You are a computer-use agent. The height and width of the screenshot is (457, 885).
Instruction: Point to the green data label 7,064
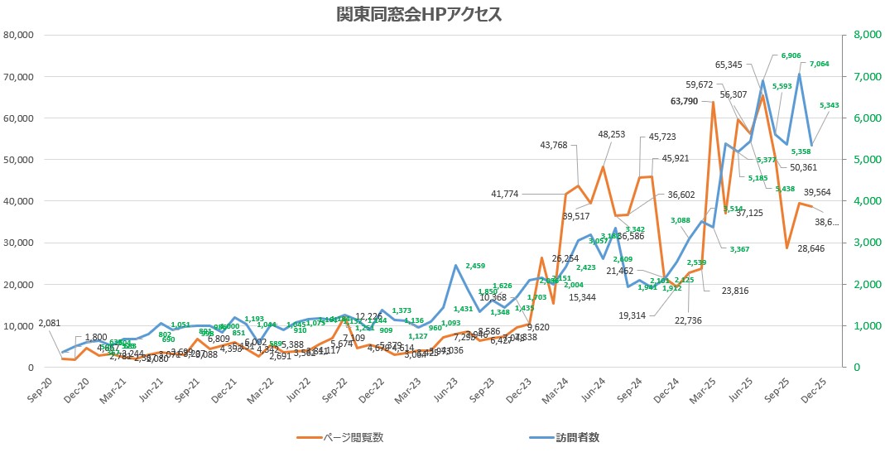(x=819, y=64)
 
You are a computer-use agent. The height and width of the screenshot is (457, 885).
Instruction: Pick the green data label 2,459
(x=475, y=266)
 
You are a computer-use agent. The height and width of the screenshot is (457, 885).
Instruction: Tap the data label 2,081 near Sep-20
(x=49, y=322)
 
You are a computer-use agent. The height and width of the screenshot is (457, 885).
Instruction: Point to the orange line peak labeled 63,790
(x=713, y=103)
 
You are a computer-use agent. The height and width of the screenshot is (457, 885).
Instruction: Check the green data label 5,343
(x=830, y=105)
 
